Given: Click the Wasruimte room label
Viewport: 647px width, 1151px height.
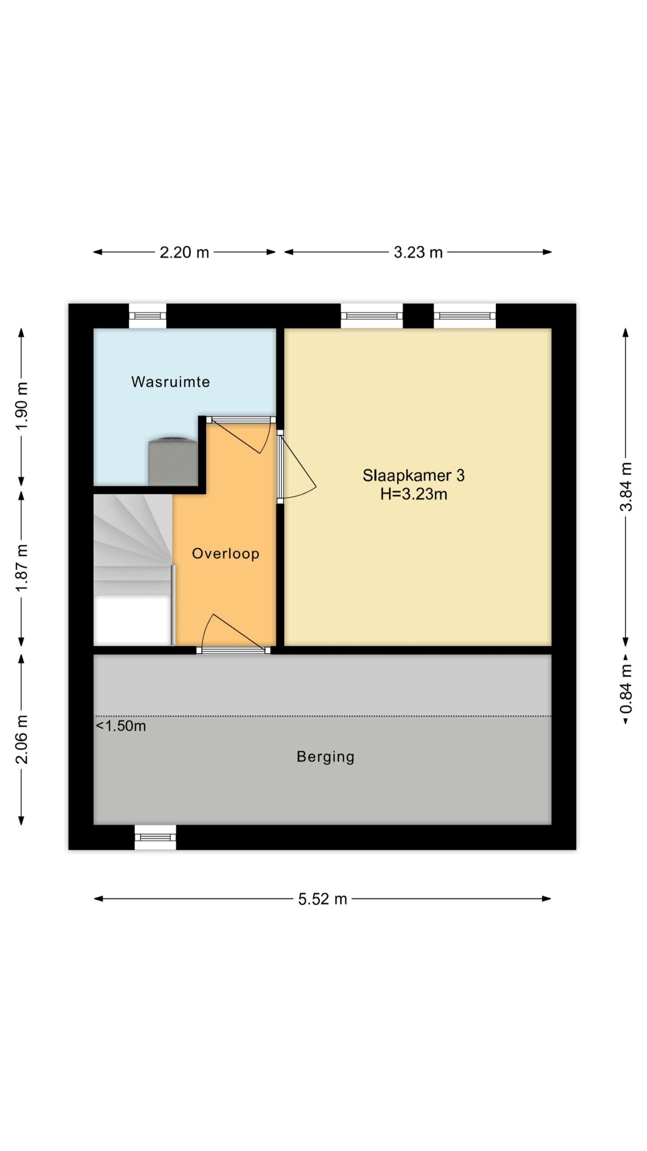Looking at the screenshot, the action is pos(170,382).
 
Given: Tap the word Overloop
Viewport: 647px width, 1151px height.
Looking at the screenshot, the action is pos(226,553).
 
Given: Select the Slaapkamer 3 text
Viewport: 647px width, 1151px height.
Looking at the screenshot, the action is pos(413,475).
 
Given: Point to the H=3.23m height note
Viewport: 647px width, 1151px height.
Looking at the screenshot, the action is pos(413,494).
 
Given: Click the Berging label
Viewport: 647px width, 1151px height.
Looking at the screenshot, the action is pos(325,757).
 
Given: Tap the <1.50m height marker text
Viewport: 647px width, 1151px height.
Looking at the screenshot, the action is pos(121,726).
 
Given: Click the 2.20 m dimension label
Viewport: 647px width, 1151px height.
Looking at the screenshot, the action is pos(184,252).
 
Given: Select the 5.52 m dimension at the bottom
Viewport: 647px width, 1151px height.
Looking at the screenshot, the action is pos(323,899).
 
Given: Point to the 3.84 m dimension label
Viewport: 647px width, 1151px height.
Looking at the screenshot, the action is pos(626,487).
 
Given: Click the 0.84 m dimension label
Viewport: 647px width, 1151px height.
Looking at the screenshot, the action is pos(626,688).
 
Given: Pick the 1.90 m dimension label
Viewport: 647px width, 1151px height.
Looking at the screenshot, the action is pos(22,406).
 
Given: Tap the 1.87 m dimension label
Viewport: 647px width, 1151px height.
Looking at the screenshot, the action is pos(22,568).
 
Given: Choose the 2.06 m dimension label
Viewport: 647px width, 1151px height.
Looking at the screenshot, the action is pos(22,739).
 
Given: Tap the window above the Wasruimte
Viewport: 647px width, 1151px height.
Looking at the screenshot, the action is pos(147,316).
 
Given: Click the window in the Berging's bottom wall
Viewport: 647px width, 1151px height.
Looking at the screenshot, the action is pos(155,837).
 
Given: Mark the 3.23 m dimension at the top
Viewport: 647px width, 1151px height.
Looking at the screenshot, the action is pos(418,252).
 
